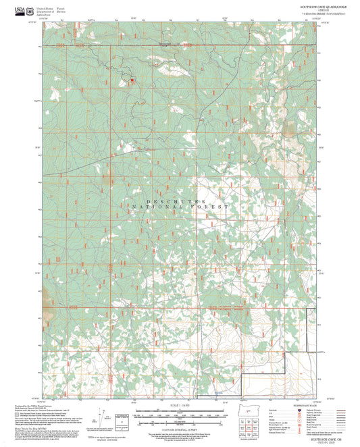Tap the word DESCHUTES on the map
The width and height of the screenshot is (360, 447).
pos(177,201)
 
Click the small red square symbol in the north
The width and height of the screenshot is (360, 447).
pos(132,81)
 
